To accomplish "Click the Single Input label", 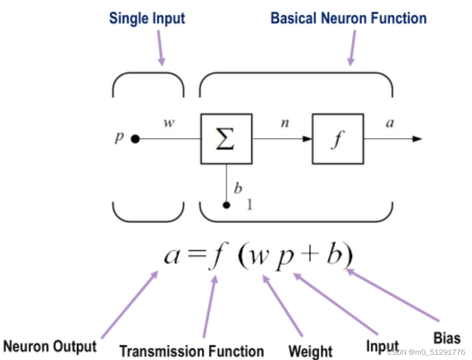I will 147,19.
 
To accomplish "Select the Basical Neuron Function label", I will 349,18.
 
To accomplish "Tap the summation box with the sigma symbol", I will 226,139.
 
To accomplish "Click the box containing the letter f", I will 338,139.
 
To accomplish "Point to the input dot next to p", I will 135,139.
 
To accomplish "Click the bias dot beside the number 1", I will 227,205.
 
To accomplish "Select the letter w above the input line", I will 169,123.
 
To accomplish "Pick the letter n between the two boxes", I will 285,123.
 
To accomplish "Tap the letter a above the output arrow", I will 390,123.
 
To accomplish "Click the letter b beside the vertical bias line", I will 238,188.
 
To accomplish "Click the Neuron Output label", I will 50,346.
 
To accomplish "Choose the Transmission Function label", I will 191,351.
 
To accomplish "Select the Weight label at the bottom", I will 310,351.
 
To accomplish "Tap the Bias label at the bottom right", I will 447,338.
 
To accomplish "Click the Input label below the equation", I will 382,346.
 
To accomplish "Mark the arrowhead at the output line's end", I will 417,139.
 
